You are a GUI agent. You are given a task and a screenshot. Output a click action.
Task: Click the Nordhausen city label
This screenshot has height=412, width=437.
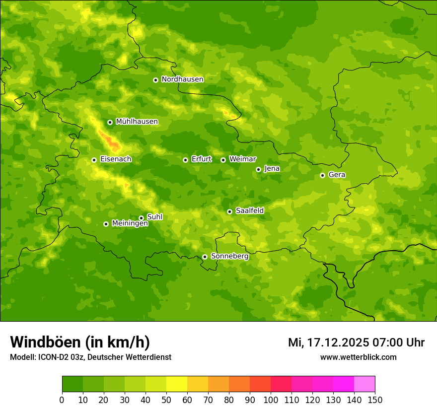coord(182,79)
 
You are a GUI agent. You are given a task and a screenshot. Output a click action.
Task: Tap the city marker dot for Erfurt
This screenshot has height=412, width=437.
coord(185,160)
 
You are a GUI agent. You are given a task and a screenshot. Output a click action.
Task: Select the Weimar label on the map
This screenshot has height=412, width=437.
coord(242,159)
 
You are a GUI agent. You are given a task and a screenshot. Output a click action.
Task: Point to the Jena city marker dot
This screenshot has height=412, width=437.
coord(258,169)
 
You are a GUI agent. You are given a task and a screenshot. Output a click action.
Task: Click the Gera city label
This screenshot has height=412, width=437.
coord(337,175)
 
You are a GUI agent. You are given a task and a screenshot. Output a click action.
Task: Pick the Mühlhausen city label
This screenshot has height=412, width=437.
coord(137,122)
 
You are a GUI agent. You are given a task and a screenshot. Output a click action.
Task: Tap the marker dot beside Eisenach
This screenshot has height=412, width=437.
coord(94,160)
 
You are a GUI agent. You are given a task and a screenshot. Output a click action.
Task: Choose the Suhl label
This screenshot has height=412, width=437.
coord(154,217)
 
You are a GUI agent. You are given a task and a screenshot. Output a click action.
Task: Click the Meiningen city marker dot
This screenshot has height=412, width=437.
coord(106,224)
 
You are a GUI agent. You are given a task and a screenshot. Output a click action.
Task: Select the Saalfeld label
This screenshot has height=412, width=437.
coord(249,211)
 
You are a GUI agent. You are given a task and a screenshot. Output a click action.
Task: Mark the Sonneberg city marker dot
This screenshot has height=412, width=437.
coord(205,257)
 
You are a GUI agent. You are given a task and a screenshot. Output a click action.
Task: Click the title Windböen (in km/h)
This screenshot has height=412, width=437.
coord(80,342)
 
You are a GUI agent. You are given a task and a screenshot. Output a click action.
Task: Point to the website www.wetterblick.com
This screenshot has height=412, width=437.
coord(358,357)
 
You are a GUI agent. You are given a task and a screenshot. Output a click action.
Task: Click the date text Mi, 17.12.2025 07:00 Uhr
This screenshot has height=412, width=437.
coord(356,343)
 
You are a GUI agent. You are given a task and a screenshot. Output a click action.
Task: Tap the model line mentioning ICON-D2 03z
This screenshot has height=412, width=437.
coord(90,357)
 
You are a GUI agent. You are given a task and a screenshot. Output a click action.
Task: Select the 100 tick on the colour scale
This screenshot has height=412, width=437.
coord(271,400)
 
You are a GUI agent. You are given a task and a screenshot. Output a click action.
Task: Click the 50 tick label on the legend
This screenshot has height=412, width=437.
coord(166,400)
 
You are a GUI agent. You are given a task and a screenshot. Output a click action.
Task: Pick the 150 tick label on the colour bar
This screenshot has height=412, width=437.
coord(375,400)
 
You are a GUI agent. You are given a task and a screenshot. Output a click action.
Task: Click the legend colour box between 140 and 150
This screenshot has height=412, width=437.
coord(364,384)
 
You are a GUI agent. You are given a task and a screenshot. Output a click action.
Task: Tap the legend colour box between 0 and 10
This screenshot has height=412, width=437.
coord(73,384)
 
